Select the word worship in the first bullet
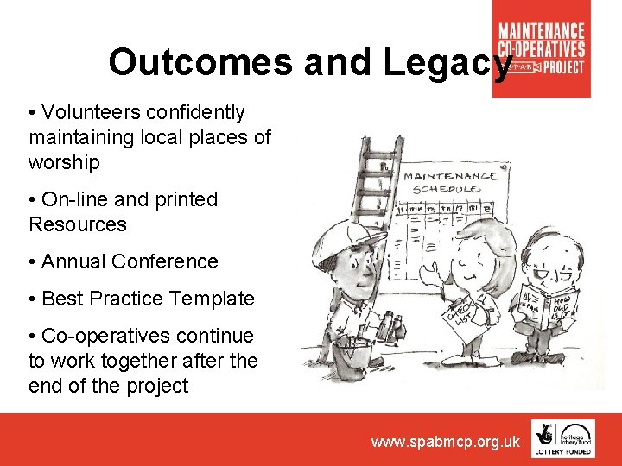click(64, 162)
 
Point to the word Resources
click(78, 224)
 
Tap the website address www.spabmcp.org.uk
click(446, 442)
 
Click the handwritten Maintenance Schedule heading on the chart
click(450, 182)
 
